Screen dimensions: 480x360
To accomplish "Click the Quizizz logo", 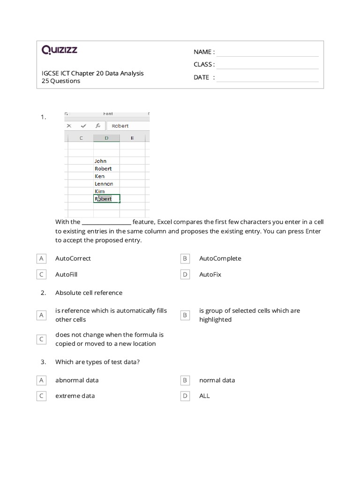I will click(x=60, y=50).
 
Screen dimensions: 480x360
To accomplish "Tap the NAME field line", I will click(x=267, y=52).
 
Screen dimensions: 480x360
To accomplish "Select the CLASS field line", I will click(x=267, y=65).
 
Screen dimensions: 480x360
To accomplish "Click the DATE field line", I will click(x=267, y=77).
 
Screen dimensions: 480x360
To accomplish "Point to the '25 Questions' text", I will click(x=61, y=81).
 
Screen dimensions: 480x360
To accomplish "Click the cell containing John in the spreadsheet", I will click(x=101, y=161).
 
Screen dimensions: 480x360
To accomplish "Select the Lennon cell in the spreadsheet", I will click(x=104, y=184).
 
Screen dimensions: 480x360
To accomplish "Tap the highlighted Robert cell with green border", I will click(x=106, y=199).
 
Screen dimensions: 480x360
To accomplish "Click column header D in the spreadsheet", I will click(x=106, y=138).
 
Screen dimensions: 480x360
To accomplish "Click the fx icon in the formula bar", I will click(x=97, y=126).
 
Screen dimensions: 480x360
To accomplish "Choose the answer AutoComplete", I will click(x=220, y=258).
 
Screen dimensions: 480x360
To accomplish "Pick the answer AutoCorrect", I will click(x=73, y=258).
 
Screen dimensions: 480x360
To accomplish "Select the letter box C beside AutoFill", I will click(x=41, y=274).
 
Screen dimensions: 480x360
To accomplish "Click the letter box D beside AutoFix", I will click(x=185, y=274).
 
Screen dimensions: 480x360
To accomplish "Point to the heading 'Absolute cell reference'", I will click(x=89, y=292).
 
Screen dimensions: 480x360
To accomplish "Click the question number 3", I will click(x=43, y=362).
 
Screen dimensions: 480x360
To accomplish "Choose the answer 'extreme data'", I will click(x=75, y=396).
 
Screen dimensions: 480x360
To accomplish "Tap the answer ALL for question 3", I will click(x=204, y=396).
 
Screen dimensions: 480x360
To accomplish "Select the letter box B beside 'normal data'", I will click(x=185, y=380).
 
